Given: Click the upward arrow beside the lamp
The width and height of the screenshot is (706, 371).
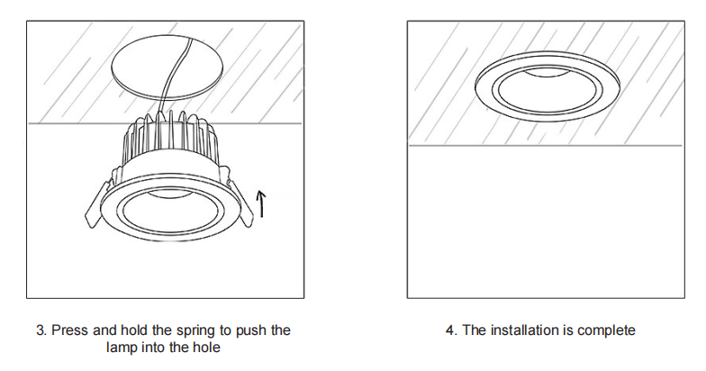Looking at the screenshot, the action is click(261, 204).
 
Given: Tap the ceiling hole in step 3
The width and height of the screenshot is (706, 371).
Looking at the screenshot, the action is click(167, 68).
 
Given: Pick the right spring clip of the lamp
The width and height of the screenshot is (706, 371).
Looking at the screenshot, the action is click(240, 202).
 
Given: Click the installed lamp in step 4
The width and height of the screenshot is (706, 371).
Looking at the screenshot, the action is click(548, 86).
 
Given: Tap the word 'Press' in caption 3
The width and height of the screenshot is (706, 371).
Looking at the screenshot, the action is click(70, 330).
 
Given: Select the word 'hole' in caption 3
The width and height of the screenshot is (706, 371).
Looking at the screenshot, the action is click(206, 348).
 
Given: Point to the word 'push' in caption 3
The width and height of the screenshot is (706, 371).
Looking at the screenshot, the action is click(251, 330).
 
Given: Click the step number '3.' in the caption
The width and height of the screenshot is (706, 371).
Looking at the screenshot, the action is click(41, 330).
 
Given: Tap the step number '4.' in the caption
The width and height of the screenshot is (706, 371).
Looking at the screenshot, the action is click(452, 330).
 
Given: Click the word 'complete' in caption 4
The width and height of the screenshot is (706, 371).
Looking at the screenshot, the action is click(606, 330).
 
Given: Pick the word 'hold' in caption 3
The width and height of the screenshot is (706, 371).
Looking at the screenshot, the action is click(135, 330).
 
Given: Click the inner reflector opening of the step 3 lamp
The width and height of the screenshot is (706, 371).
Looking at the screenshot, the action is click(173, 211).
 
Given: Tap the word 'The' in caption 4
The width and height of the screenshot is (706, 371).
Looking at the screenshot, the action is click(474, 330).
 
